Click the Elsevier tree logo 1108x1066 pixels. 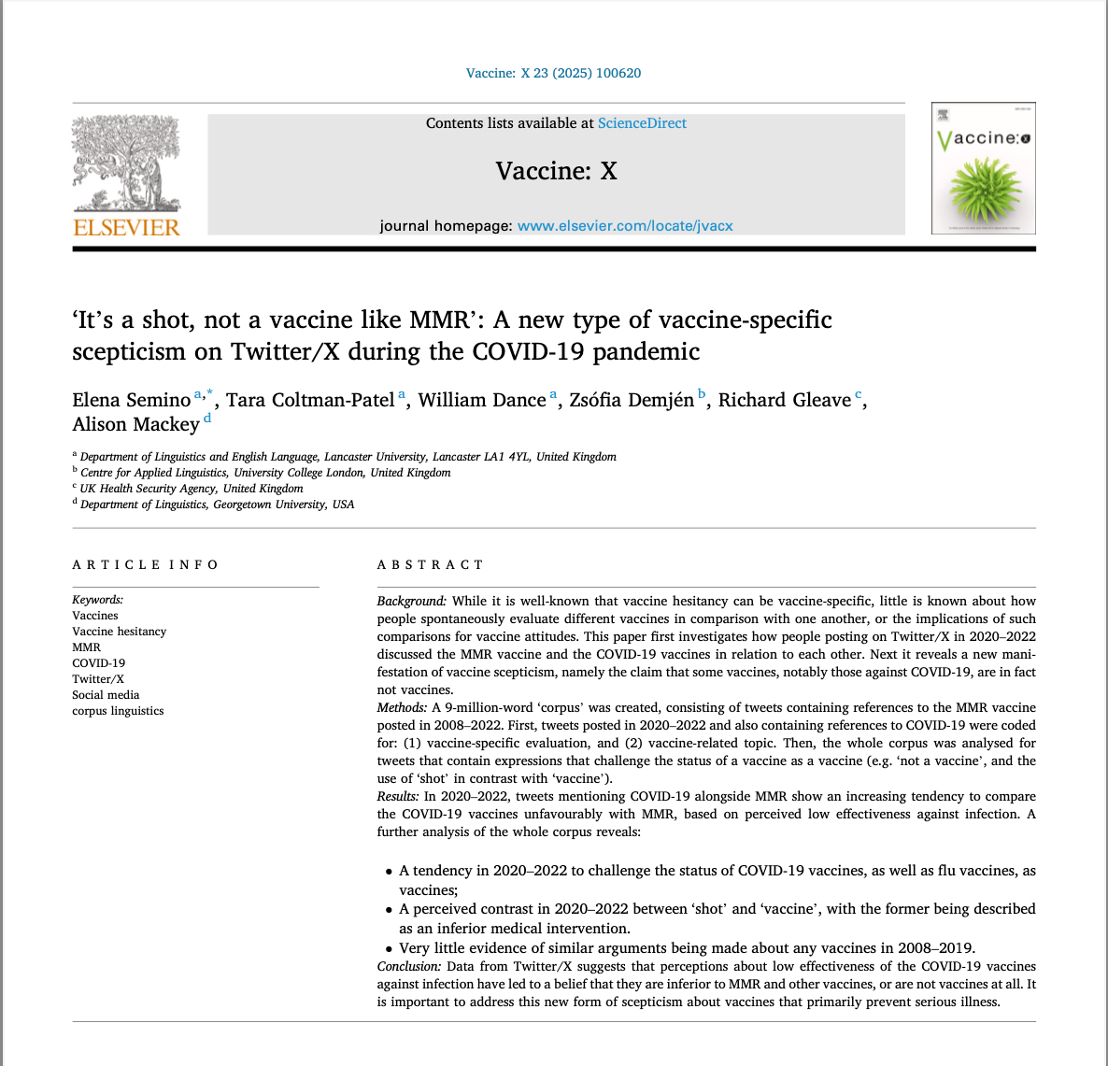pyautogui.click(x=126, y=163)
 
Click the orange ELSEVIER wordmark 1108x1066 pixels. pyautogui.click(x=126, y=227)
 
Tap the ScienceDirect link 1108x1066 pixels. pyautogui.click(x=642, y=123)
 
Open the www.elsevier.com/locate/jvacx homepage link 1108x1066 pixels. pyautogui.click(x=625, y=225)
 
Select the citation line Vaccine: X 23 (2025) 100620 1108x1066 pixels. pyautogui.click(x=553, y=73)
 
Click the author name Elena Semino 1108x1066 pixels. pyautogui.click(x=132, y=401)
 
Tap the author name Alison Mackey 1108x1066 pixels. pyautogui.click(x=136, y=425)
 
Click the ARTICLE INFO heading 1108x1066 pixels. pyautogui.click(x=145, y=564)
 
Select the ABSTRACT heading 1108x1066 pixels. pyautogui.click(x=430, y=564)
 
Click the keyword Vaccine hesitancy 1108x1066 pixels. pyautogui.click(x=120, y=632)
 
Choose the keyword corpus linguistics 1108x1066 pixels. pyautogui.click(x=118, y=711)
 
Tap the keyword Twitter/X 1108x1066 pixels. pyautogui.click(x=98, y=679)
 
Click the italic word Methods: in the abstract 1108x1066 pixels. pyautogui.click(x=402, y=707)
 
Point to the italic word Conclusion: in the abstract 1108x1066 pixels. pyautogui.click(x=408, y=966)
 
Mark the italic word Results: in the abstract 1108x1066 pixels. pyautogui.click(x=398, y=796)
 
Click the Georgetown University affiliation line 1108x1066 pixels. pyautogui.click(x=217, y=505)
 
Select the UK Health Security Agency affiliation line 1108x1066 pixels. pyautogui.click(x=192, y=489)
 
